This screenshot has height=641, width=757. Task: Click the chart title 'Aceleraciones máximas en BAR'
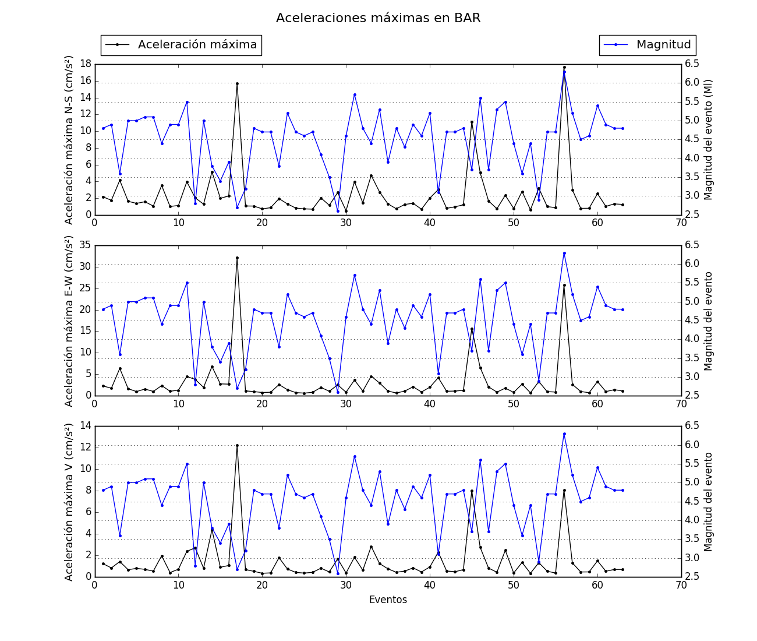(x=378, y=18)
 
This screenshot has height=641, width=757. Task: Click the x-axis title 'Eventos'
(x=388, y=600)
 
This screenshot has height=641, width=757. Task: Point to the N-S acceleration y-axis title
(x=69, y=140)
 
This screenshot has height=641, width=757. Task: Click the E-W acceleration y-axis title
(x=69, y=320)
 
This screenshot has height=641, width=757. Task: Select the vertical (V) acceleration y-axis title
(x=69, y=501)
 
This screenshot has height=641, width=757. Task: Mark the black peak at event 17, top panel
(x=237, y=83)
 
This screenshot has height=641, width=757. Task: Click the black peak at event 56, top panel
(x=564, y=67)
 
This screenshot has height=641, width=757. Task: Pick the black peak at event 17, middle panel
(x=237, y=258)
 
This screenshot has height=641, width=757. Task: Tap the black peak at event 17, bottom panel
(x=237, y=445)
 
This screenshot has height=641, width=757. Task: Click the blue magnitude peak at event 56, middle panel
(x=564, y=253)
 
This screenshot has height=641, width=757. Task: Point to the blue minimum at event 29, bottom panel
(x=338, y=573)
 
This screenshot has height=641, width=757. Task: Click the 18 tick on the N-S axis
(x=85, y=64)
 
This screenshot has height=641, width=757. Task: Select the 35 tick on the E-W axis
(x=85, y=245)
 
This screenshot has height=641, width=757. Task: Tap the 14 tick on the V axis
(x=85, y=426)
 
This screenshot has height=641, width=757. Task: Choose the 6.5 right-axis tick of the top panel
(x=692, y=64)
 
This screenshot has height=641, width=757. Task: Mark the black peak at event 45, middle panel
(x=472, y=329)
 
